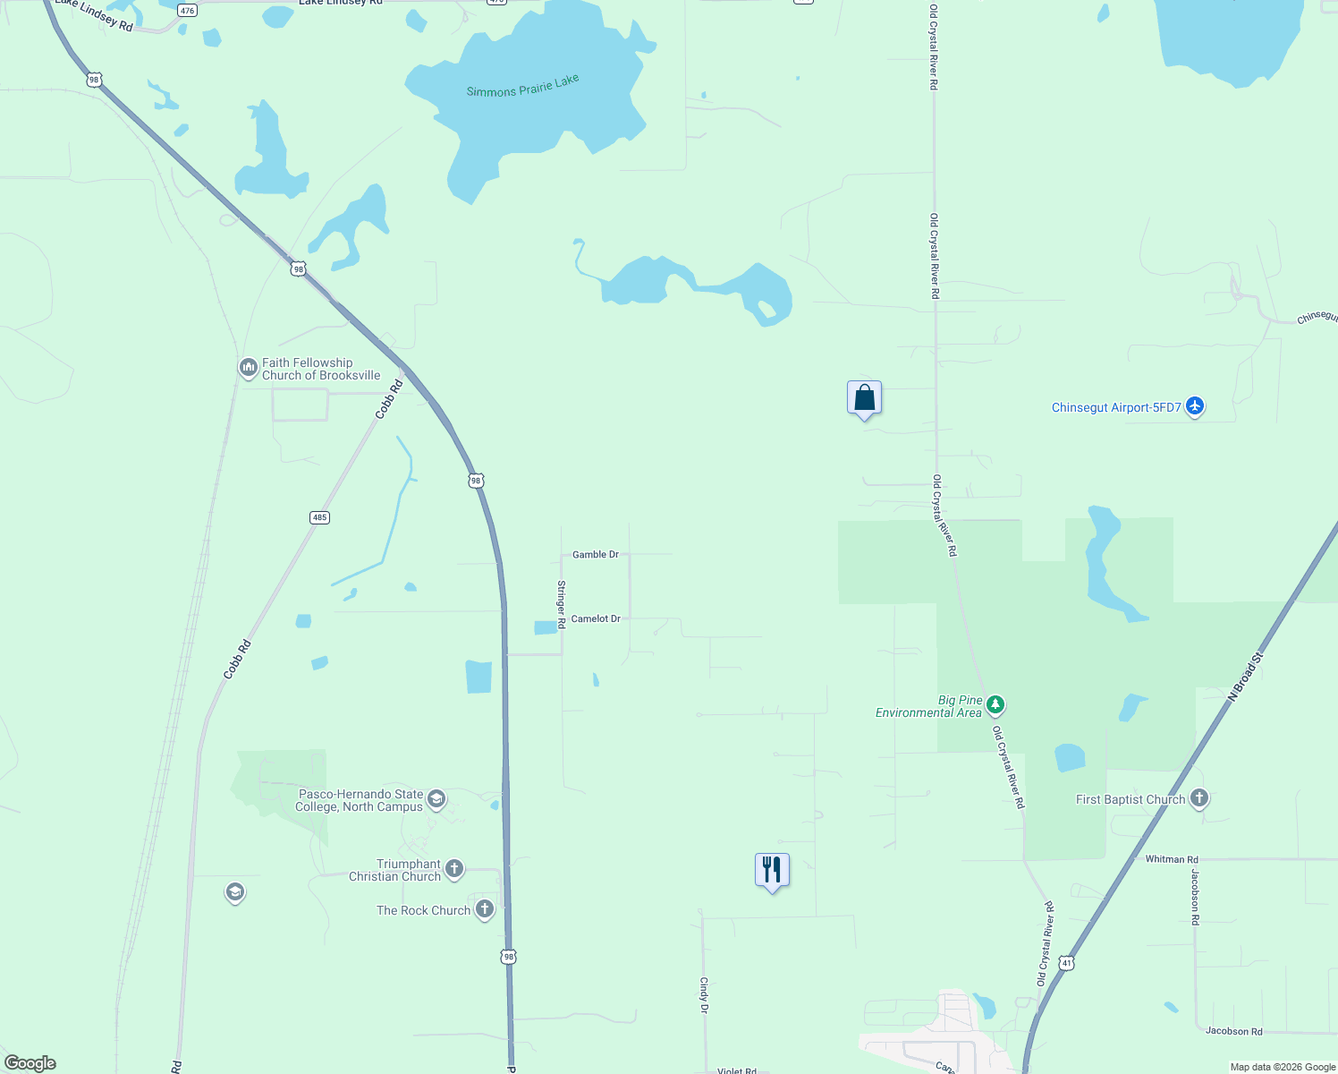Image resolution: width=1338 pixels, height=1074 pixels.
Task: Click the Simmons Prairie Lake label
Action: click(522, 86)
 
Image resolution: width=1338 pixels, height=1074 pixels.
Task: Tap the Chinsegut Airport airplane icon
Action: click(1195, 406)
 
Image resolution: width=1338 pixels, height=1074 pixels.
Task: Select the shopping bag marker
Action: click(864, 398)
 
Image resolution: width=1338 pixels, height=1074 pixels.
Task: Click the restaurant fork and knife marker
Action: click(772, 870)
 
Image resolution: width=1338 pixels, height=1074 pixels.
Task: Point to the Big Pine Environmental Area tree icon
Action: click(995, 706)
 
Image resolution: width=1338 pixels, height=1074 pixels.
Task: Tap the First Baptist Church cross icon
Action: click(1199, 798)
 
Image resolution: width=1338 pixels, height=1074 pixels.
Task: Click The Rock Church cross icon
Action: click(485, 909)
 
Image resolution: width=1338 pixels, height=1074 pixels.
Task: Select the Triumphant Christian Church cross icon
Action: click(454, 868)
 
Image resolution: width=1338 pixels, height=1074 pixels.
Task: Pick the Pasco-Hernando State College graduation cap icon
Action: click(436, 798)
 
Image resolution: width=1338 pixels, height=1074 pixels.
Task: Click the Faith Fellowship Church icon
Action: click(248, 367)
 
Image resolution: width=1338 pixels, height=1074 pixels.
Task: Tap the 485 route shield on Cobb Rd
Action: click(319, 517)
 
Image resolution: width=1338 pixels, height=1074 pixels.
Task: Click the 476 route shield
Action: click(187, 11)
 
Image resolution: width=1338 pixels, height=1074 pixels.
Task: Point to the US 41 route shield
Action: click(1066, 963)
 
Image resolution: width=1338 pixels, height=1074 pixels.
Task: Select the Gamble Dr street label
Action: click(596, 555)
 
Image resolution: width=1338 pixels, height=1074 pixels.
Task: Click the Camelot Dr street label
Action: click(596, 618)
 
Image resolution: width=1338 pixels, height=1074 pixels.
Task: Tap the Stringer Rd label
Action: click(562, 604)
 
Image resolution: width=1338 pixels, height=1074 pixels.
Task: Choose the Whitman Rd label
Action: click(1172, 859)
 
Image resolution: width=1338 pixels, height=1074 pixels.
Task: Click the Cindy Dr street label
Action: click(704, 994)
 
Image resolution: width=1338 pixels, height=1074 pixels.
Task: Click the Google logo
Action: click(30, 1063)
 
